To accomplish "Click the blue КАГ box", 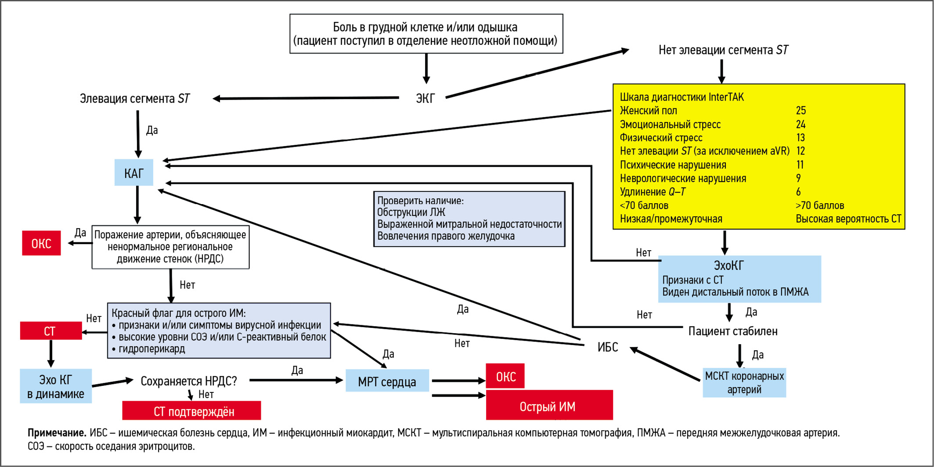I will [133, 172].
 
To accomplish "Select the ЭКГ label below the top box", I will [425, 98].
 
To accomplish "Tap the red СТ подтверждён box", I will [191, 411].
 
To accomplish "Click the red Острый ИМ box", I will [549, 406].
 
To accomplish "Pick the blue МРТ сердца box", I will [387, 381].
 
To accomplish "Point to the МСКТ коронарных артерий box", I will [744, 382].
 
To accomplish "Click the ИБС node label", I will [608, 347].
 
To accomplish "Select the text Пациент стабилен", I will [732, 331].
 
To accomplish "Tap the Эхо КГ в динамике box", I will [56, 386].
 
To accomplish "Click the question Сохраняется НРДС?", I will [188, 381].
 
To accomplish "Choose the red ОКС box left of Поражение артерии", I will [41, 243].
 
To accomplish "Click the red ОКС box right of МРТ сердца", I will [505, 376].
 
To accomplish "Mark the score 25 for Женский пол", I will [801, 110].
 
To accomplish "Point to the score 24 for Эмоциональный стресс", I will [801, 124].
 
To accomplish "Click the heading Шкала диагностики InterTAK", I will [682, 97].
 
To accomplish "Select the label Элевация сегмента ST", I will [134, 98].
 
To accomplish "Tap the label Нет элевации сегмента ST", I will [723, 50].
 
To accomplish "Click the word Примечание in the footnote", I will [57, 433].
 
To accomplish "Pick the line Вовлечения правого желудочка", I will [446, 236].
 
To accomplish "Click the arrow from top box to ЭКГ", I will [426, 68].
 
